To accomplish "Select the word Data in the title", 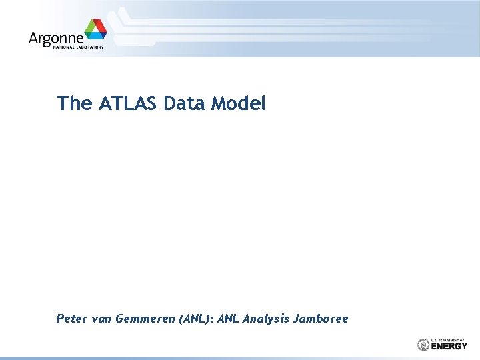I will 185,103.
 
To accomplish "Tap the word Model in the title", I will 239,103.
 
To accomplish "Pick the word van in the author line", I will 102,319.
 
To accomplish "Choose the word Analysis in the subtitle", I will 266,319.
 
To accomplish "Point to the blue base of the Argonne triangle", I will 95,36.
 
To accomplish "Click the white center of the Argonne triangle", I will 95,31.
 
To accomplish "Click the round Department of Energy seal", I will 423,345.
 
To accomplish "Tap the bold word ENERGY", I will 449,346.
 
